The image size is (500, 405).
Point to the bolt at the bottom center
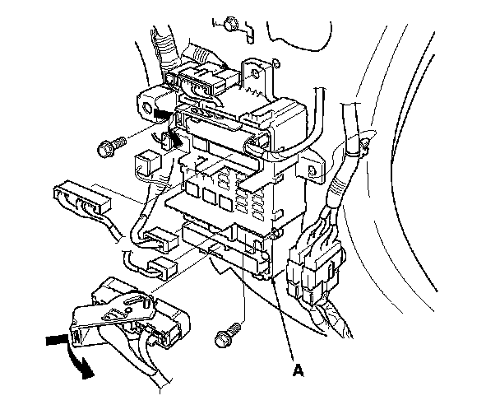click(223, 336)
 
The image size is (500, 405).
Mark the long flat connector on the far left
click(81, 199)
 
